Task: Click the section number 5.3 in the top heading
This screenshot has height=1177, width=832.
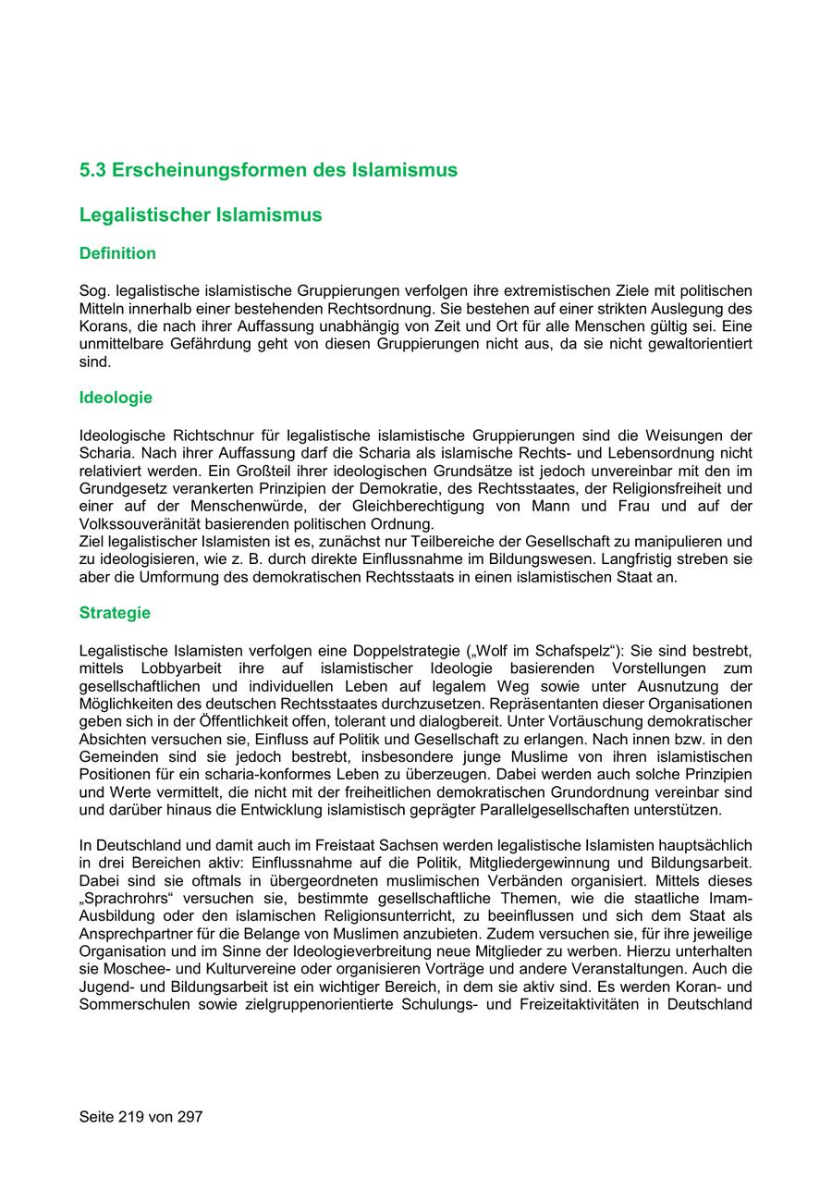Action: click(x=92, y=170)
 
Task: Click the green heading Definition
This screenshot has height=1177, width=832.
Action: click(x=117, y=253)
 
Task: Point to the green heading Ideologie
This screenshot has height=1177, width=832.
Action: click(x=116, y=398)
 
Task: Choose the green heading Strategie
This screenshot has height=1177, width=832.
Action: click(x=115, y=613)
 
